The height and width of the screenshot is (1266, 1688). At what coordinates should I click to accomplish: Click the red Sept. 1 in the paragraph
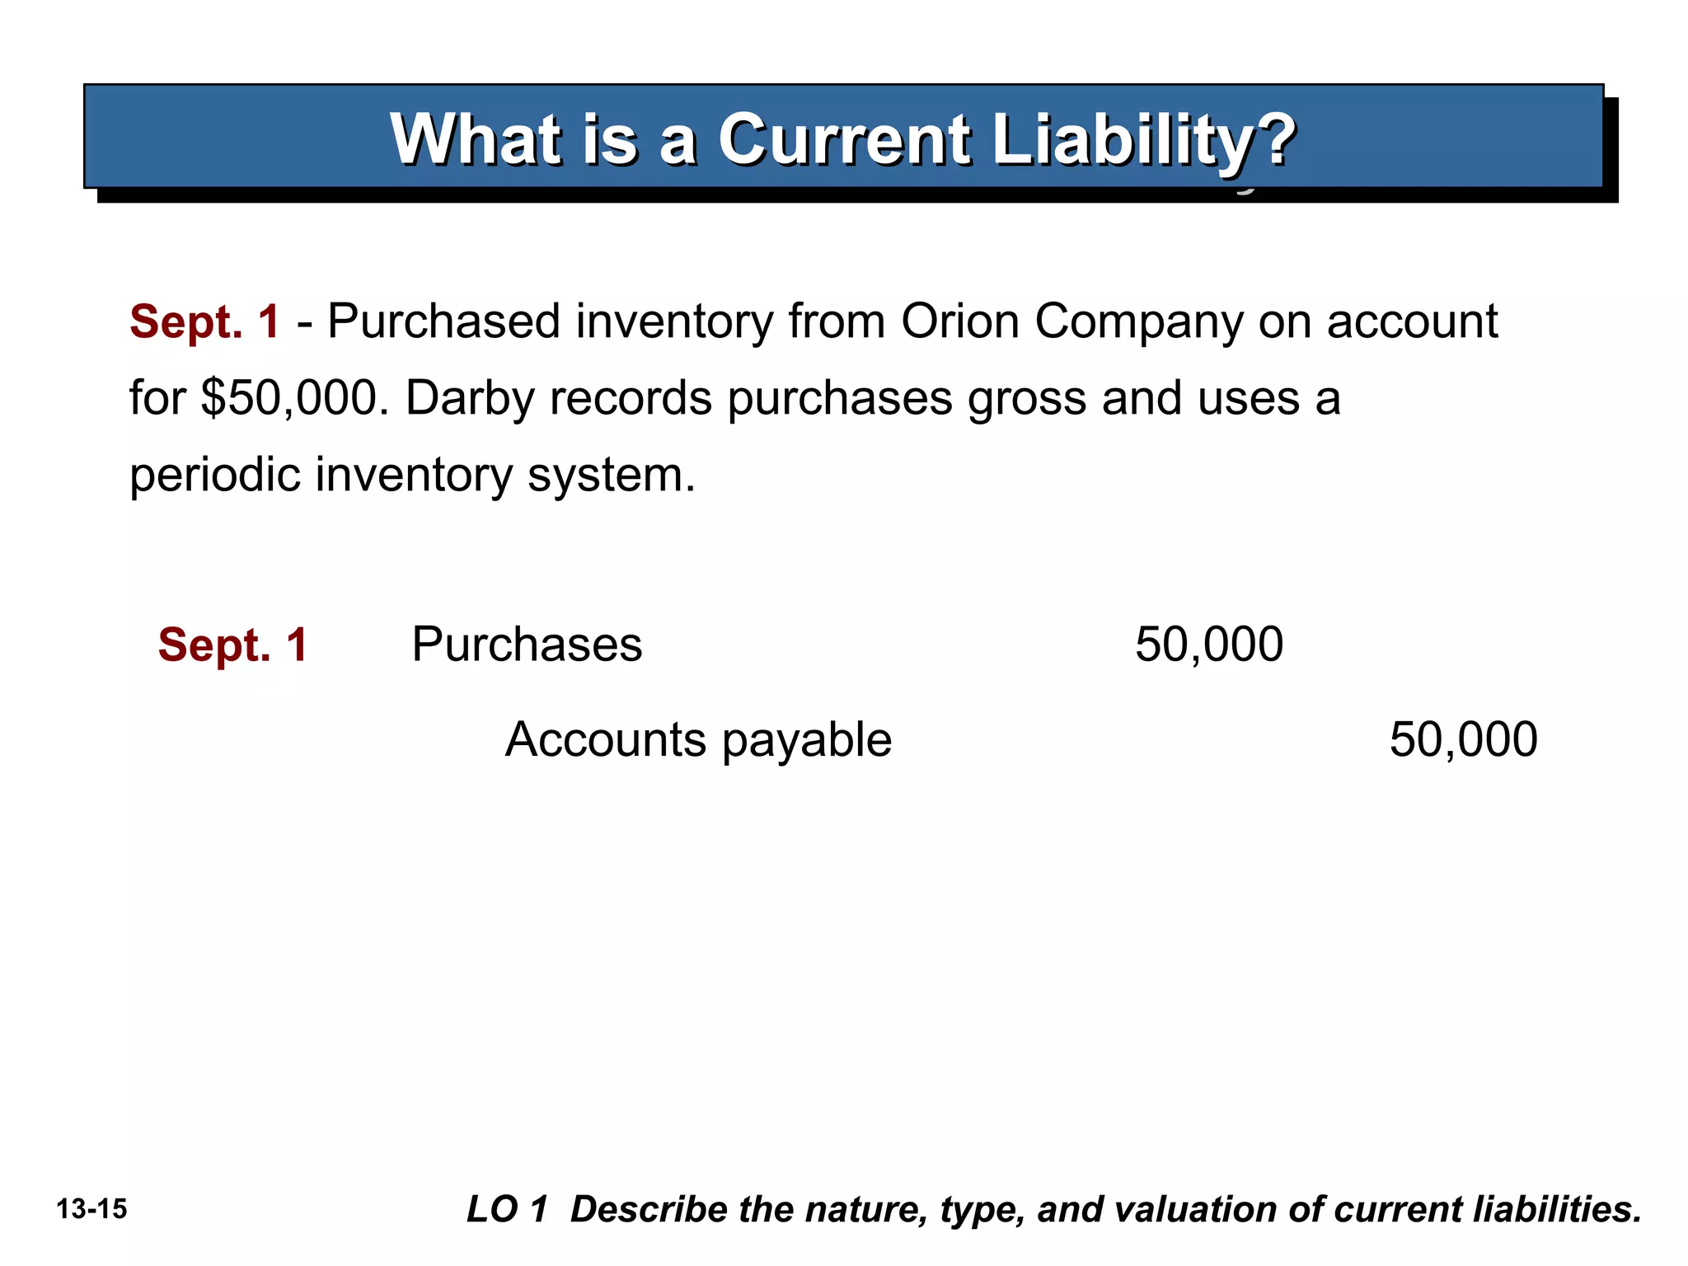pos(205,321)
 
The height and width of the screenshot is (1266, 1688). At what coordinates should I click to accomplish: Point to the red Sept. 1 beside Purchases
pos(233,645)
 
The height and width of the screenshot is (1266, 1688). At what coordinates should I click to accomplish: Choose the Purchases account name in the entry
pos(527,645)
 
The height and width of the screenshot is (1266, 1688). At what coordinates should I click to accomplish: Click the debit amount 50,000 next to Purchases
pos(1209,645)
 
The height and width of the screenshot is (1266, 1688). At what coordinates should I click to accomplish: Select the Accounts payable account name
pos(698,739)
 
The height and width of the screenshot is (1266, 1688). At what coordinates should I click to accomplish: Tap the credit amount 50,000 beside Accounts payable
pos(1463,739)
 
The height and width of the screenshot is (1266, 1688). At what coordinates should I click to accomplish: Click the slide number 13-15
pos(92,1209)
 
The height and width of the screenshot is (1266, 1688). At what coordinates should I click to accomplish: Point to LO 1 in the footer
pos(507,1209)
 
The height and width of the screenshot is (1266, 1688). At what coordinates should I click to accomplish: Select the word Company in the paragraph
pos(1138,322)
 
